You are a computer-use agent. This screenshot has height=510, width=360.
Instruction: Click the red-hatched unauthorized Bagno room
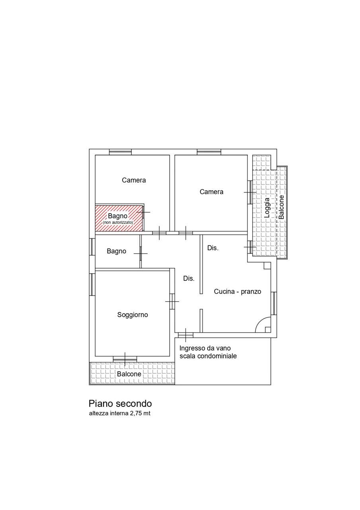pyautogui.click(x=119, y=218)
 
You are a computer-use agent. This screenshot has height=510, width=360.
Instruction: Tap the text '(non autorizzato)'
pyautogui.click(x=117, y=222)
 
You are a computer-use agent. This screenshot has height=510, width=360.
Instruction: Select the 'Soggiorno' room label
pyautogui.click(x=133, y=315)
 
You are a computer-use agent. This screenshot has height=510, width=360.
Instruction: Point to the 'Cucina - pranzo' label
pyautogui.click(x=237, y=291)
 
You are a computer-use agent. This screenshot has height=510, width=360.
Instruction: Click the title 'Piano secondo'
pyautogui.click(x=120, y=404)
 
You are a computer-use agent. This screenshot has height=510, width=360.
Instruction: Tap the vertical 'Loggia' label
pyautogui.click(x=267, y=208)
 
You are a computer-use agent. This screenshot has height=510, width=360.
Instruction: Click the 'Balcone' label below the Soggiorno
pyautogui.click(x=129, y=374)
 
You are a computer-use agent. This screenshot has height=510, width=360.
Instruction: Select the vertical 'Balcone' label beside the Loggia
pyautogui.click(x=282, y=207)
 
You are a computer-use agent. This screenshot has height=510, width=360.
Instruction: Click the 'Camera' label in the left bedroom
pyautogui.click(x=134, y=180)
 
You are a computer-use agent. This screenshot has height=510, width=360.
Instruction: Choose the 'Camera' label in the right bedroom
pyautogui.click(x=211, y=192)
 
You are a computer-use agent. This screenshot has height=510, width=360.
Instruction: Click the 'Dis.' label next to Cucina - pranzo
pyautogui.click(x=213, y=248)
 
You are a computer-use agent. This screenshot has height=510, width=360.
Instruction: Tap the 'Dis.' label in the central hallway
pyautogui.click(x=189, y=279)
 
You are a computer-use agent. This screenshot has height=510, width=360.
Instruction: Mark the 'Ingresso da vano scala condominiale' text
pyautogui.click(x=208, y=352)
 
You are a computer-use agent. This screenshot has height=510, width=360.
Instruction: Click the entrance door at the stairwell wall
pyautogui.click(x=186, y=335)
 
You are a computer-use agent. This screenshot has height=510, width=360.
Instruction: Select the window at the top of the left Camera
pyautogui.click(x=120, y=152)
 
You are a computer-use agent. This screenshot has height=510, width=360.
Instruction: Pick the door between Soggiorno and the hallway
pyautogui.click(x=172, y=302)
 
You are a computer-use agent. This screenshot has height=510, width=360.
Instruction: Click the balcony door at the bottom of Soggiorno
pyautogui.click(x=125, y=359)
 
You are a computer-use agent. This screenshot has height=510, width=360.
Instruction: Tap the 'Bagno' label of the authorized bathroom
pyautogui.click(x=116, y=251)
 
